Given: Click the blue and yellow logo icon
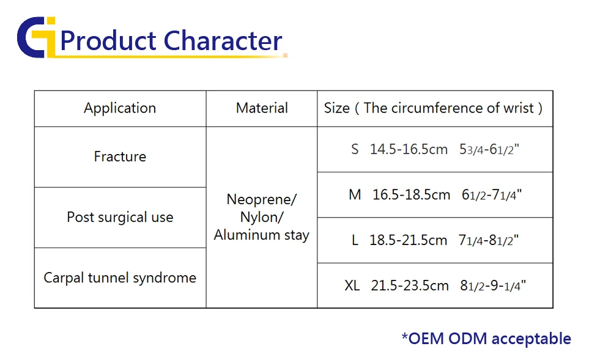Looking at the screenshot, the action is (x=37, y=37).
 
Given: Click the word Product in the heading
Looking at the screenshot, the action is (x=108, y=40).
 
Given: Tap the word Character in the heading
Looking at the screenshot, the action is (x=223, y=40).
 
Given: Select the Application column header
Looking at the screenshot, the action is (x=120, y=108).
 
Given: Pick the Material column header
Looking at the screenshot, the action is (x=262, y=108).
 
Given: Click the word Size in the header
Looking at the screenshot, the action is (x=337, y=108).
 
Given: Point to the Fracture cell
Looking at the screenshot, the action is (x=120, y=156).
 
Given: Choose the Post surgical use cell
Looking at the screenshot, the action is (x=120, y=218).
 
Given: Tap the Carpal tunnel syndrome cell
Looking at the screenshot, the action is (x=120, y=278).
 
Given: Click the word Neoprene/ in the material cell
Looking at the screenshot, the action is (x=261, y=200).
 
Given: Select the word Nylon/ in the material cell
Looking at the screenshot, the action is (x=261, y=218).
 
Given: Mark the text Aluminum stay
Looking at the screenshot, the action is (x=261, y=235).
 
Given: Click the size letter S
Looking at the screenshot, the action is (x=355, y=149).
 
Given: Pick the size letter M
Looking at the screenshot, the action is (x=355, y=195).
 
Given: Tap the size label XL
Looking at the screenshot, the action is (x=352, y=285).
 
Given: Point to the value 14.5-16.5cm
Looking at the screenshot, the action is (x=409, y=149).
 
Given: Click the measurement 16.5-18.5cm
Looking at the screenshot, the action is (x=412, y=195).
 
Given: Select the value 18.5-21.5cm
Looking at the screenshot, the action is (x=409, y=240).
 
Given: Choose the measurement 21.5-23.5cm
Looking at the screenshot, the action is (x=410, y=285).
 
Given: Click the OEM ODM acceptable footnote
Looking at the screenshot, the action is (x=486, y=339).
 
